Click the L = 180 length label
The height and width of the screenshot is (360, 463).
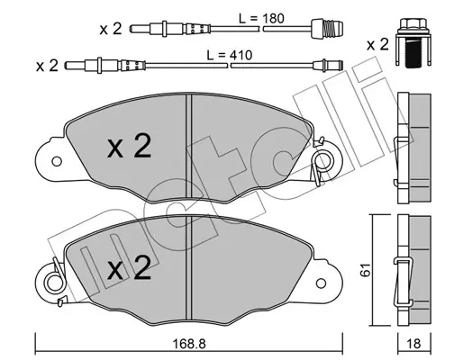(261, 19)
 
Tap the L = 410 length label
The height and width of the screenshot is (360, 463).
(230, 55)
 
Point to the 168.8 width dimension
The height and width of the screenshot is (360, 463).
(189, 344)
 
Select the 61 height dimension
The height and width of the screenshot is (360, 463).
(365, 270)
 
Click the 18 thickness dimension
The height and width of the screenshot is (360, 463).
(413, 344)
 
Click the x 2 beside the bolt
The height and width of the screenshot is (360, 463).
(377, 45)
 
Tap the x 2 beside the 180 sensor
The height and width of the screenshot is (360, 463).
(111, 29)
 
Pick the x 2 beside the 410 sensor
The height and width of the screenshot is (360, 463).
(47, 66)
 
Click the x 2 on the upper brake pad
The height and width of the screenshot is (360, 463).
(129, 146)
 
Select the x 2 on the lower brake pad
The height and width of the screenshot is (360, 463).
(129, 268)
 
